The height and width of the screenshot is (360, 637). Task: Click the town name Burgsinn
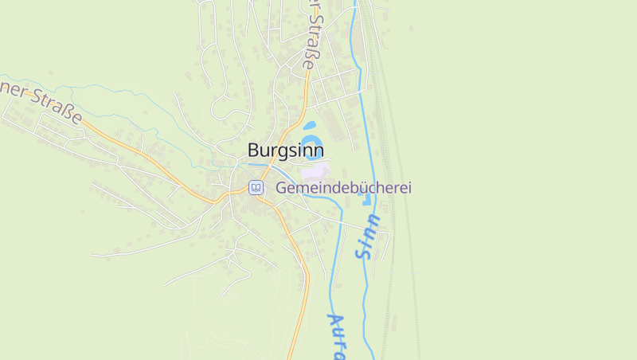[285, 150]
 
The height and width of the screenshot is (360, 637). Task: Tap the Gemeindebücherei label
[343, 188]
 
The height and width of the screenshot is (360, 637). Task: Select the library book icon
[256, 188]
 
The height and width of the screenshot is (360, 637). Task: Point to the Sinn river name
[369, 237]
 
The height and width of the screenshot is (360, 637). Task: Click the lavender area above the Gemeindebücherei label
[315, 170]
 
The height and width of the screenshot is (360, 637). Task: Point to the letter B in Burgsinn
[254, 150]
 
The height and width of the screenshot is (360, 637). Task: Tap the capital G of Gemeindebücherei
[282, 188]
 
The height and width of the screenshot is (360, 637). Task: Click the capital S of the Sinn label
[365, 253]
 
